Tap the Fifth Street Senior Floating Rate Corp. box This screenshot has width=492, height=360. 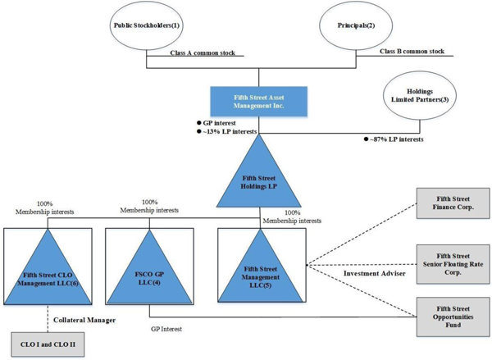click(x=453, y=262)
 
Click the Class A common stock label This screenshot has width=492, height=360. click(x=203, y=52)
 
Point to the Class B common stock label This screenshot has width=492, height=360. click(x=412, y=52)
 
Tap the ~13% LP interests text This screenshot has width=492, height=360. click(x=229, y=131)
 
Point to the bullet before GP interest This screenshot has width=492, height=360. click(x=199, y=122)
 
